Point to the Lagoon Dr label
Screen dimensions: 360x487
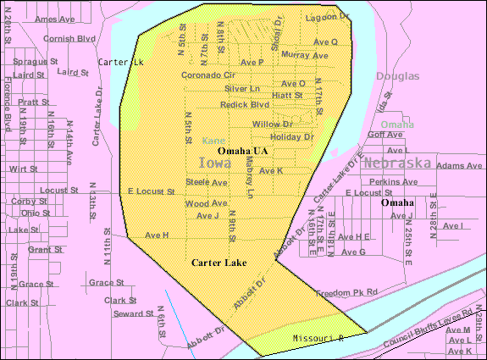pyautogui.click(x=327, y=17)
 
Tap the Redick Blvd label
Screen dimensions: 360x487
pyautogui.click(x=244, y=104)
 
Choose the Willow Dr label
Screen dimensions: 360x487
pyautogui.click(x=272, y=124)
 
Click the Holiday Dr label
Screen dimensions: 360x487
pyautogui.click(x=291, y=136)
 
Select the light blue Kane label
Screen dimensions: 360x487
pyautogui.click(x=213, y=141)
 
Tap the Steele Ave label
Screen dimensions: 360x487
pyautogui.click(x=207, y=182)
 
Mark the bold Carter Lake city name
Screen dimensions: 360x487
pyautogui.click(x=219, y=263)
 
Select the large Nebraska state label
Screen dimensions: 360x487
pyautogui.click(x=397, y=163)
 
